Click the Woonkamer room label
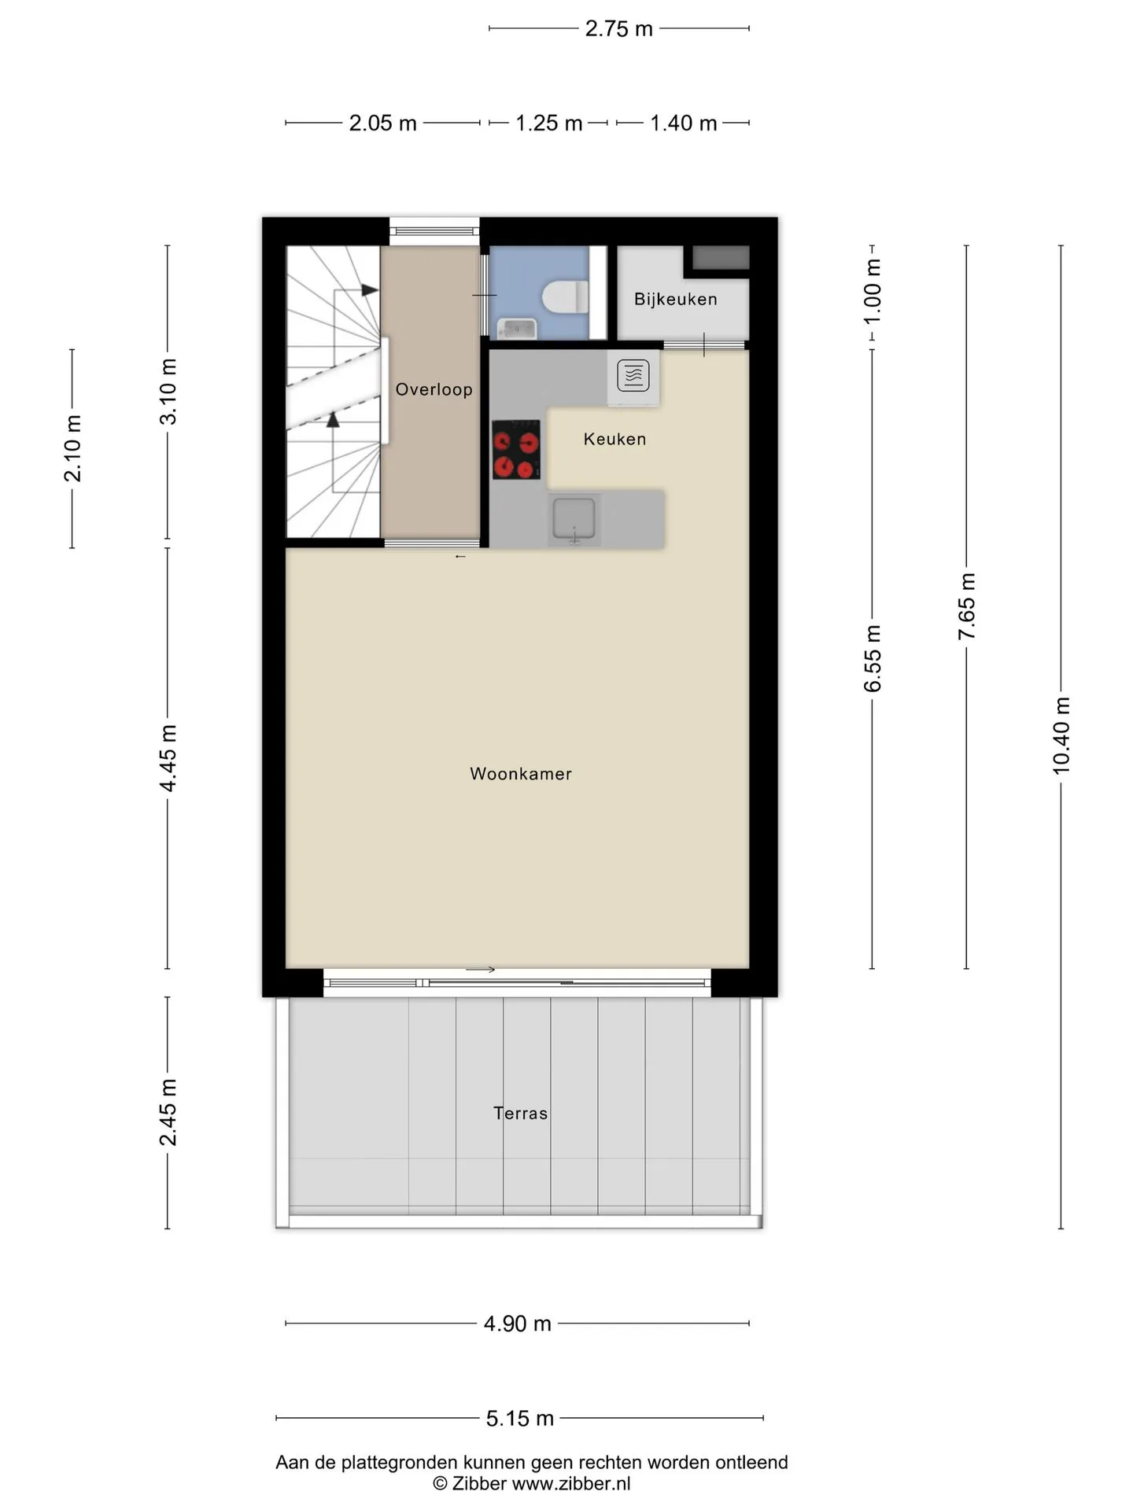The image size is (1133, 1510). click(x=520, y=774)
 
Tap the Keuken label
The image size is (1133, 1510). click(x=614, y=439)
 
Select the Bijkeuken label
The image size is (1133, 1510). click(x=676, y=299)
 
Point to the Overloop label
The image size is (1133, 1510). click(x=434, y=389)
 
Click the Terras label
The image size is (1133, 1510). click(x=520, y=1113)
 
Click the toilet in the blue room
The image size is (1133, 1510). click(x=565, y=297)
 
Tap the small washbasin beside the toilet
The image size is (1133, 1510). click(x=516, y=328)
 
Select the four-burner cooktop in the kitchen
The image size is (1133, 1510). click(x=516, y=450)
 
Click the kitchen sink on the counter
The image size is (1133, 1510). click(x=574, y=519)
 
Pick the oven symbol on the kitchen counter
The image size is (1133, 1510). click(x=633, y=376)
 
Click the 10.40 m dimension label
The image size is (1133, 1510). click(x=1061, y=735)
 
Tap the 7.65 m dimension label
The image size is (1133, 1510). click(x=967, y=606)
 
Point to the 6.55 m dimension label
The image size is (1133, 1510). click(x=873, y=659)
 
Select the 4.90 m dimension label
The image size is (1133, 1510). click(x=518, y=1324)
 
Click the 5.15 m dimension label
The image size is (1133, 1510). click(x=520, y=1418)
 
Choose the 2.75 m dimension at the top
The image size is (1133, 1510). click(x=619, y=28)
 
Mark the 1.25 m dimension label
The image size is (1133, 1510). click(x=549, y=123)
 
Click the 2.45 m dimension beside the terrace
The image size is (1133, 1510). click(x=168, y=1112)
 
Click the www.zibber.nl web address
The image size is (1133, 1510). click(x=571, y=1484)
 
